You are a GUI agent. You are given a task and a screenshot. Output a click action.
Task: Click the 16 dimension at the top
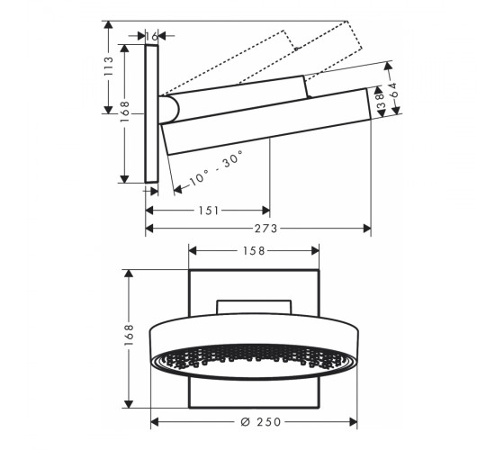tap(151, 37)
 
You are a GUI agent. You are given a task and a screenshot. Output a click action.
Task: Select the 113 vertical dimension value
tap(109, 67)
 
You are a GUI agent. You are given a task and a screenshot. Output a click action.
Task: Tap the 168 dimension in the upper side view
tap(125, 112)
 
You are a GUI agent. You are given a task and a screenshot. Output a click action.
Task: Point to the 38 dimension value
tap(380, 101)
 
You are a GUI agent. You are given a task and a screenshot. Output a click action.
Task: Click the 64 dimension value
tap(393, 90)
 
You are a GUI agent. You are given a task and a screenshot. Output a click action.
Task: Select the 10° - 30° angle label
tap(216, 168)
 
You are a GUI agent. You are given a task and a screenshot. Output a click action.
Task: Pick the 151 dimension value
tap(208, 211)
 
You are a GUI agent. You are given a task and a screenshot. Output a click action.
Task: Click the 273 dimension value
tap(265, 229)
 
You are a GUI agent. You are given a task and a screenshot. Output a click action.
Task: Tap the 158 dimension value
tap(254, 251)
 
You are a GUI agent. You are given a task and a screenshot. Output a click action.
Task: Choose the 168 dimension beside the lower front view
tap(129, 335)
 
